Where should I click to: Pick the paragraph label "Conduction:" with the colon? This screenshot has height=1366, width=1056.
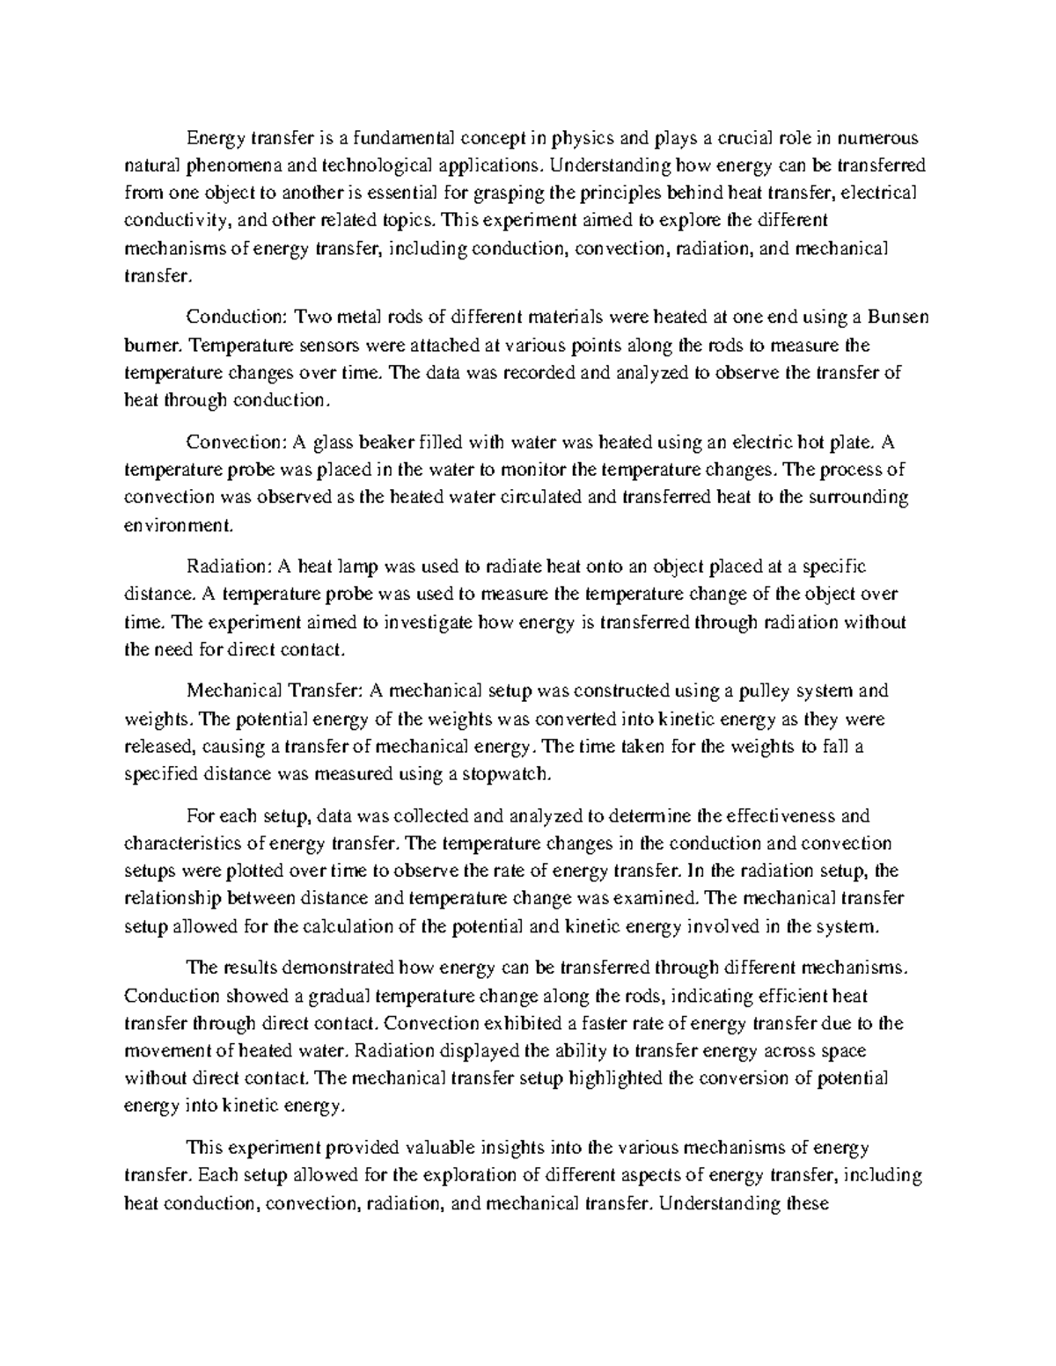tap(237, 317)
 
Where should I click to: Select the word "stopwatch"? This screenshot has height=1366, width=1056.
tap(506, 774)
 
